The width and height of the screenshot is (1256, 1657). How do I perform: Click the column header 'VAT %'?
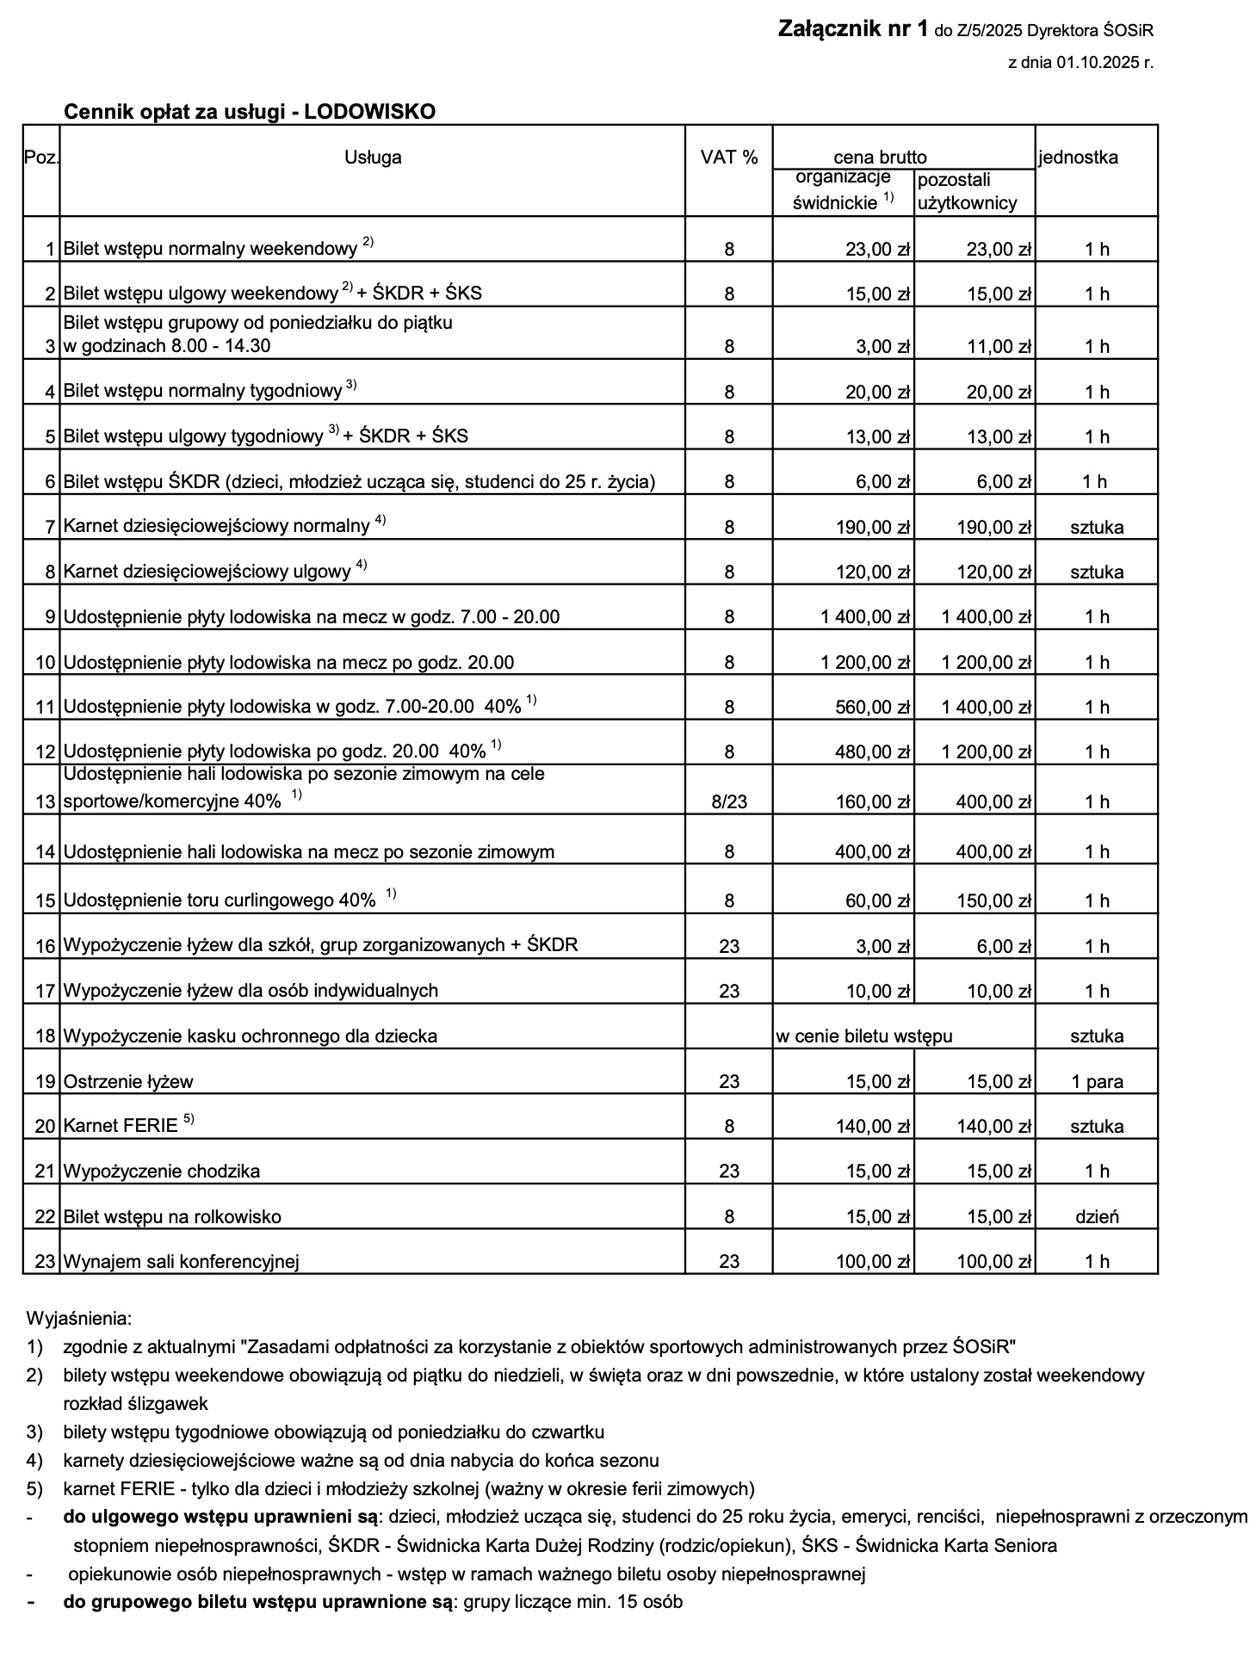pos(728,158)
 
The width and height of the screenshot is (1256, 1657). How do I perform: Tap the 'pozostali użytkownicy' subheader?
pos(967,191)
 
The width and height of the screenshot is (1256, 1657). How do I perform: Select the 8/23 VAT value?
pos(728,802)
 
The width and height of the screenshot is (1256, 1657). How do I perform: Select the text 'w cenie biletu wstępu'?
pos(863,1036)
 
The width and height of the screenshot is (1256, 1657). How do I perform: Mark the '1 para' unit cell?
pos(1097,1082)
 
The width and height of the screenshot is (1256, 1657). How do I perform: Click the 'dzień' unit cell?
pos(1097,1217)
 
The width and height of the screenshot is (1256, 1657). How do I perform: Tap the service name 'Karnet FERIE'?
pos(120,1126)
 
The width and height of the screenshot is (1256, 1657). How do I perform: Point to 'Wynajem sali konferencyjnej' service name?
pos(181,1263)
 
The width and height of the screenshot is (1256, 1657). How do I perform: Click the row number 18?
pos(45,1036)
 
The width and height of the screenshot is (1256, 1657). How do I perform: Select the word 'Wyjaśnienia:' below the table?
pos(78,1319)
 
